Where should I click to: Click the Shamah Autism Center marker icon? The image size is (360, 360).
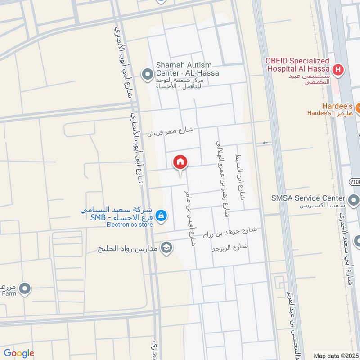pyautogui.click(x=147, y=74)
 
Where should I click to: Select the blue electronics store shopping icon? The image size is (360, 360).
pyautogui.click(x=162, y=217)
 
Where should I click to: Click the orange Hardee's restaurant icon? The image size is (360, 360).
pyautogui.click(x=358, y=108)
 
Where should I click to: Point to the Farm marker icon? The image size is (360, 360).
pyautogui.click(x=25, y=288)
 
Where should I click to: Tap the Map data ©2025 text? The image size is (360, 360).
pyautogui.click(x=335, y=355)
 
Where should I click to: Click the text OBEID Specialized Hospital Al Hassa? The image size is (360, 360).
pyautogui.click(x=297, y=65)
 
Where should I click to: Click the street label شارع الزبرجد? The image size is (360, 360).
pyautogui.click(x=230, y=247)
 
